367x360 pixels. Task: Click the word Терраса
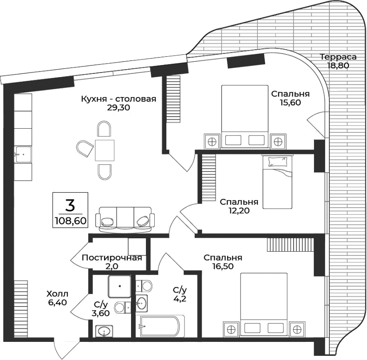[x=338, y=57]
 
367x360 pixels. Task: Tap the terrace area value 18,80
[x=338, y=65]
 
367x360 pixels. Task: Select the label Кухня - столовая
[x=118, y=99]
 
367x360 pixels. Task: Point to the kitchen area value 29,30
[x=118, y=108]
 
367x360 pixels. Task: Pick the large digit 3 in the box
[x=70, y=204]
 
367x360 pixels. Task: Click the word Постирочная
[x=111, y=258]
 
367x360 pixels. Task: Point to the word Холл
[x=57, y=294]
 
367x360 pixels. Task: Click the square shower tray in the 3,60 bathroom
[x=121, y=287]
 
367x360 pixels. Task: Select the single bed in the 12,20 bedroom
[x=278, y=182]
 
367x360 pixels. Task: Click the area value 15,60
[x=290, y=103]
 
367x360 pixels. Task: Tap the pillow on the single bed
[x=278, y=162]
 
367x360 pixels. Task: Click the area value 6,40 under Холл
[x=57, y=302]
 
